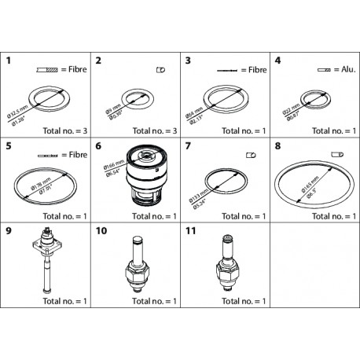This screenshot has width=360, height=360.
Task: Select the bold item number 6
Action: (98, 145)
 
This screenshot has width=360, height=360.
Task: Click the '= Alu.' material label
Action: (335, 69)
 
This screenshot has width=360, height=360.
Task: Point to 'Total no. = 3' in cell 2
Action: (152, 127)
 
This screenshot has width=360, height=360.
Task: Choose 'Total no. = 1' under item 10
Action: (152, 301)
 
